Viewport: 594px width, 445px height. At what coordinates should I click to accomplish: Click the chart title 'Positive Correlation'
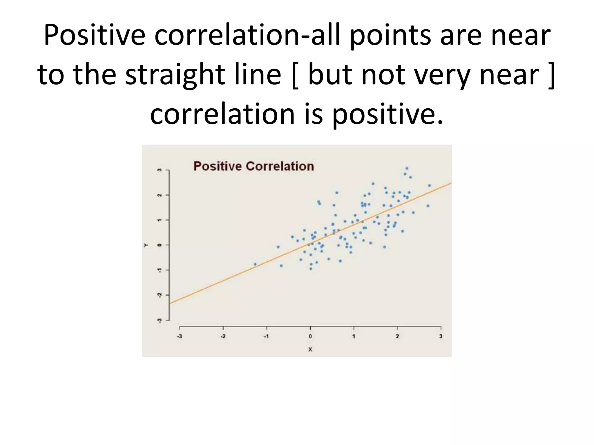point(254,166)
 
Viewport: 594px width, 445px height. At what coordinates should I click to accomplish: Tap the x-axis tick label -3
point(180,337)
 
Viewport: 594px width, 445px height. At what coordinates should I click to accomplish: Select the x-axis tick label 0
point(310,337)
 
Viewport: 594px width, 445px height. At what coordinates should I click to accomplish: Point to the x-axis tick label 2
point(397,337)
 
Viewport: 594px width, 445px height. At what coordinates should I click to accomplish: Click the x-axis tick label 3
point(441,337)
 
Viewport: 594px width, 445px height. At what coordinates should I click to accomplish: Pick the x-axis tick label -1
point(266,337)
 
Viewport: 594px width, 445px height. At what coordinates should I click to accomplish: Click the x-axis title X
point(310,350)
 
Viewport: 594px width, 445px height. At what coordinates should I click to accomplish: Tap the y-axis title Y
point(146,245)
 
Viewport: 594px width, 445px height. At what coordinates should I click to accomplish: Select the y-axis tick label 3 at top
point(159,170)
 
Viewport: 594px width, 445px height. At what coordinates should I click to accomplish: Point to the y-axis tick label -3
point(159,320)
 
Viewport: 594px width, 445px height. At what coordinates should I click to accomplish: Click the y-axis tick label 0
point(159,245)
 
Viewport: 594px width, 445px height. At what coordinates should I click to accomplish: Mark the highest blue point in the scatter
point(407,168)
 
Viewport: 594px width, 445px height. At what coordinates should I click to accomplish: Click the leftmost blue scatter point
point(255,264)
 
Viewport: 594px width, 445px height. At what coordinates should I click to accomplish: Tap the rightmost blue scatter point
point(430,186)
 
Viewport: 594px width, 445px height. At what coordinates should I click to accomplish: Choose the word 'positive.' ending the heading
point(387,114)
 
